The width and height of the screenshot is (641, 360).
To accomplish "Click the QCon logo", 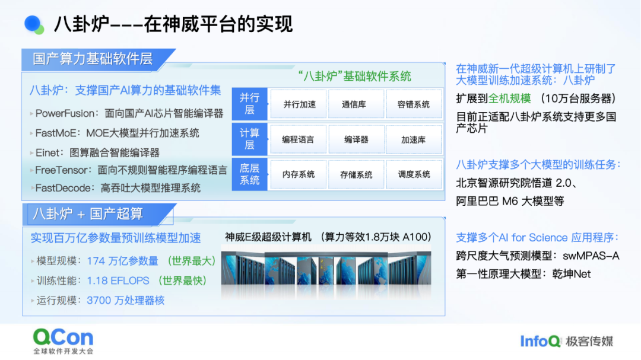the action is [64, 341].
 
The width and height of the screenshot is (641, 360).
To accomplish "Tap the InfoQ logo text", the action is [540, 341].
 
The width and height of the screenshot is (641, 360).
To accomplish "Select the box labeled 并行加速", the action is [299, 104].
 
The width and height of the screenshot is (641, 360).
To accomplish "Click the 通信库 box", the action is [356, 104].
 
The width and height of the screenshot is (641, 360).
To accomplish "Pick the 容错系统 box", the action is [414, 104].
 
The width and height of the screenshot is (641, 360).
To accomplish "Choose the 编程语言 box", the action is [299, 139].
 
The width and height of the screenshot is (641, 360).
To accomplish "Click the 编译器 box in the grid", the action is [356, 139].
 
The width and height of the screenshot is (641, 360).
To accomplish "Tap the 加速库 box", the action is [414, 139].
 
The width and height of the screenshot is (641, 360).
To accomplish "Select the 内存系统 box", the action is [299, 174].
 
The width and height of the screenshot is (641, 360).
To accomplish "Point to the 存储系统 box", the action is [356, 174].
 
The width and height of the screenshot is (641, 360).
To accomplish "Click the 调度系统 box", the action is [414, 174].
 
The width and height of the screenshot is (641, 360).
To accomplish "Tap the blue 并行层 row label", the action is [249, 104].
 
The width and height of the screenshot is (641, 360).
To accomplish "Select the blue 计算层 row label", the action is [249, 139].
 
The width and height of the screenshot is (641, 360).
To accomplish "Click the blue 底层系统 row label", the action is [249, 174].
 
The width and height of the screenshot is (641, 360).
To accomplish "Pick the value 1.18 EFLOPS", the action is [118, 281].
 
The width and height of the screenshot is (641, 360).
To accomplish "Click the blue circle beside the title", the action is [33, 23].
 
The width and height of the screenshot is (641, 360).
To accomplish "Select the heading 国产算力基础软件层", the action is [93, 59].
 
